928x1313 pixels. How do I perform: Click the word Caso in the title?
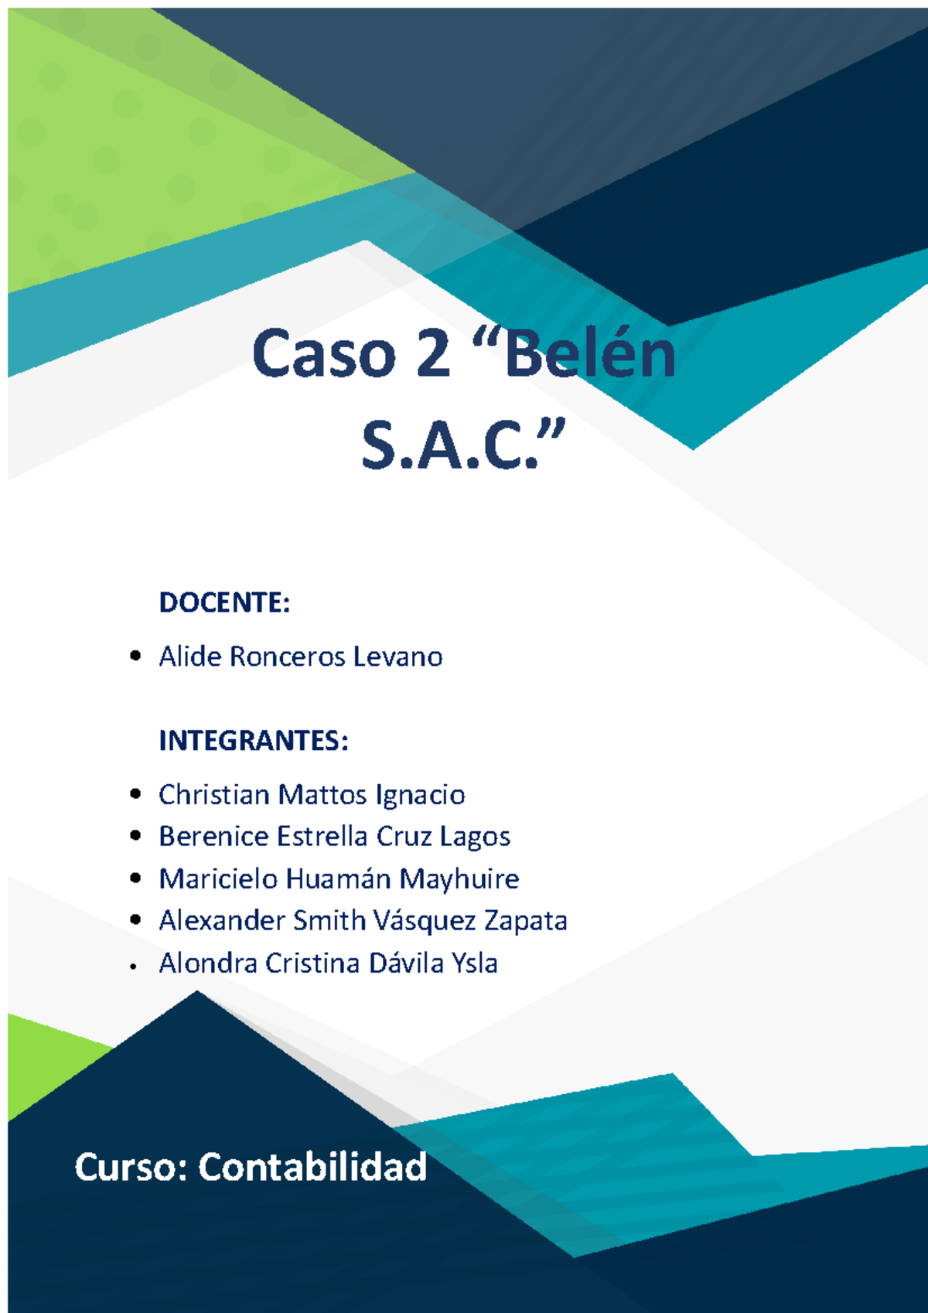pyautogui.click(x=323, y=354)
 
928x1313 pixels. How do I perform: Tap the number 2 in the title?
pyautogui.click(x=433, y=354)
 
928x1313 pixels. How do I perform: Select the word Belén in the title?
pyautogui.click(x=592, y=354)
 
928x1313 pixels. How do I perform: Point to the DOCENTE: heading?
pyautogui.click(x=224, y=602)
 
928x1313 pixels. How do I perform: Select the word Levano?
pyautogui.click(x=397, y=656)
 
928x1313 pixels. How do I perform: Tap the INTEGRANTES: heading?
pyautogui.click(x=254, y=741)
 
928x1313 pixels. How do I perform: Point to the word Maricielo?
pyautogui.click(x=218, y=879)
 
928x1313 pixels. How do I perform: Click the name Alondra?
pyautogui.click(x=207, y=963)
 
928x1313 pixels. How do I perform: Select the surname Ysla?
pyautogui.click(x=474, y=963)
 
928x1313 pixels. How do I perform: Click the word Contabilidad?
pyautogui.click(x=312, y=1167)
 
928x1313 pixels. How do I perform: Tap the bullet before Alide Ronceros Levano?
pyautogui.click(x=136, y=656)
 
